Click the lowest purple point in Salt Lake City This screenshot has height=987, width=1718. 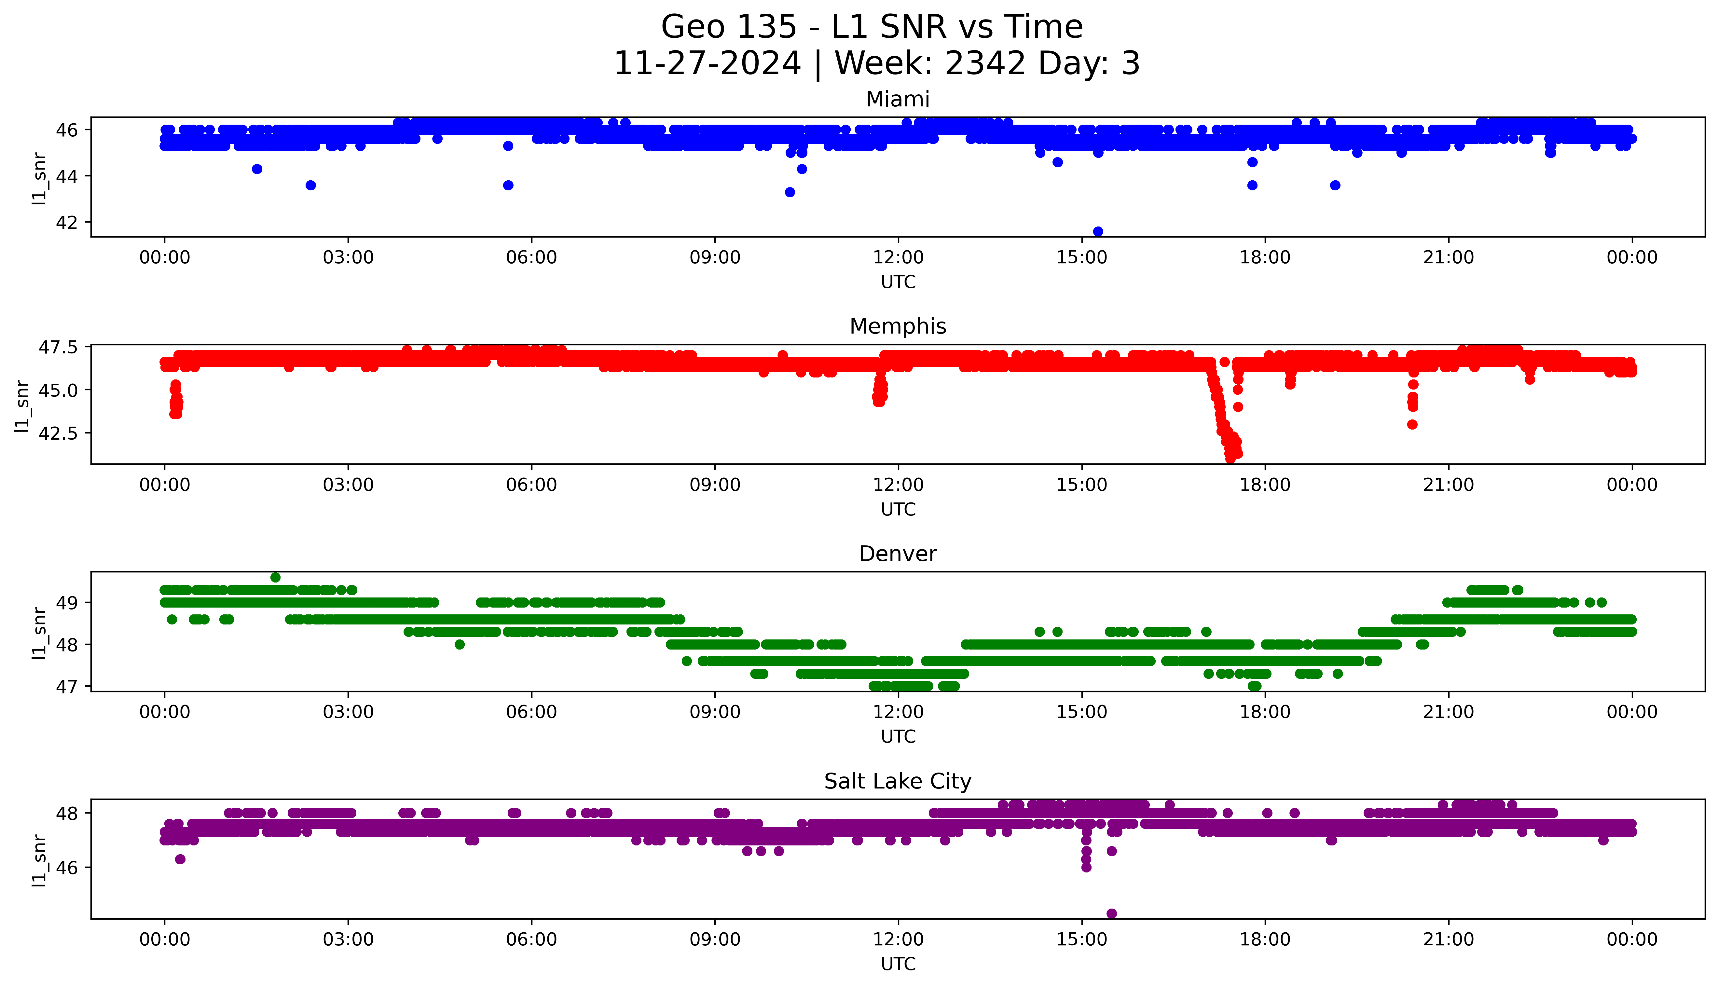coord(1111,913)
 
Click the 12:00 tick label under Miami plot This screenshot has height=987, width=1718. coord(898,258)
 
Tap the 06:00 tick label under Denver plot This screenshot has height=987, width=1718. coord(531,712)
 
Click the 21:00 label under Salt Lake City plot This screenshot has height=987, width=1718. coord(1448,939)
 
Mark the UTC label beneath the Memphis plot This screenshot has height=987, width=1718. coord(898,510)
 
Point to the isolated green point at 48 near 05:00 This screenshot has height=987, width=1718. coord(460,645)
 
